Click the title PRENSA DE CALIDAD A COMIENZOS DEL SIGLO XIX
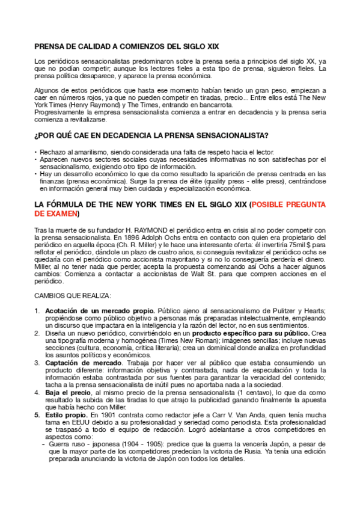[127, 46]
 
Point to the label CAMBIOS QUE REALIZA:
[73, 295]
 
